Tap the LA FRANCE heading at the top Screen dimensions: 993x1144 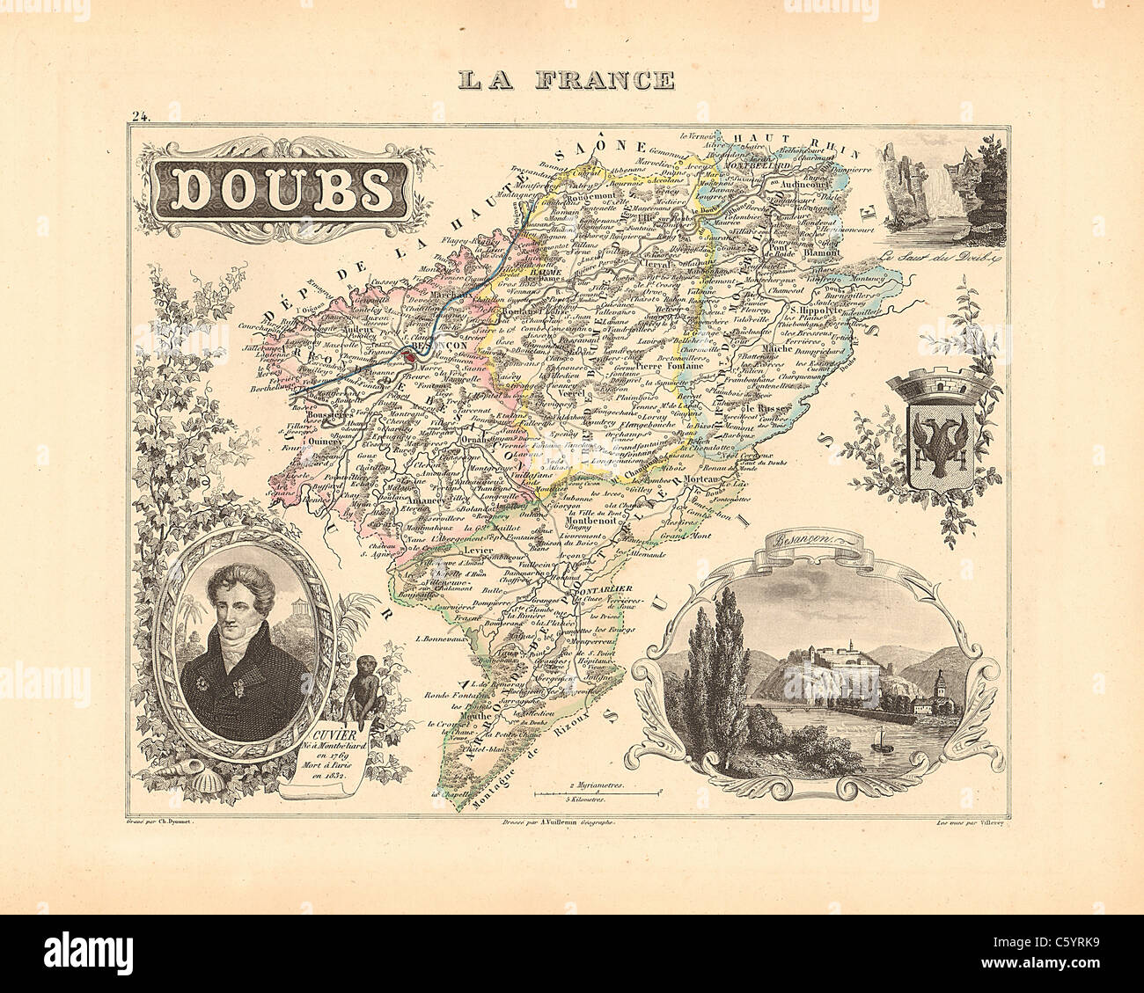pyautogui.click(x=566, y=81)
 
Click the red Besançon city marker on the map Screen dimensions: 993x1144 pyautogui.click(x=411, y=358)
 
